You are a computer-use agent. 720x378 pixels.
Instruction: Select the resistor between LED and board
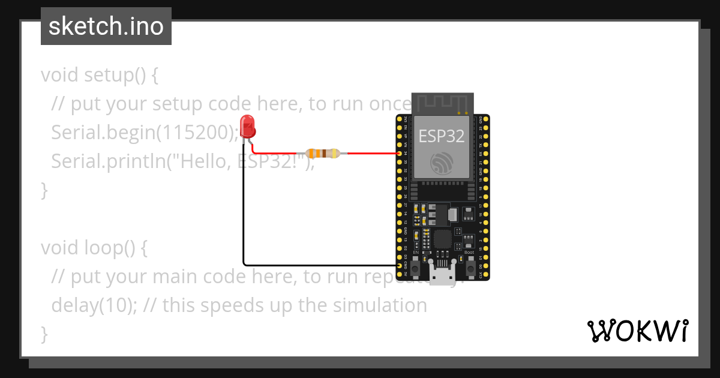click(x=323, y=153)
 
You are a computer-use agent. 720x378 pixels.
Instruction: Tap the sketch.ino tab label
click(x=106, y=26)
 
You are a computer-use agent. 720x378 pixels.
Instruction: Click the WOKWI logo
click(x=637, y=331)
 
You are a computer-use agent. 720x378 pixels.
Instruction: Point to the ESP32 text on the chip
click(x=441, y=136)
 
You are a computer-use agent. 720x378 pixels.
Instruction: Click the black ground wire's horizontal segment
click(x=318, y=265)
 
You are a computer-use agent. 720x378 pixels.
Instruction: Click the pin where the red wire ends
click(x=400, y=154)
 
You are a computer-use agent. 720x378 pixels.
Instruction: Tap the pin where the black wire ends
click(x=400, y=265)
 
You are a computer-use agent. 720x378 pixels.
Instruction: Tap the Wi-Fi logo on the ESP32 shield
click(x=442, y=163)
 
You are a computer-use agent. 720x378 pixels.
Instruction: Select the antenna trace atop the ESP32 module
click(x=442, y=103)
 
